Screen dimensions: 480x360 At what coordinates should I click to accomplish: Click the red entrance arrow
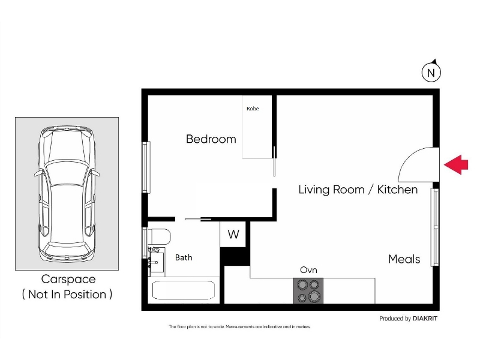(x=456, y=164)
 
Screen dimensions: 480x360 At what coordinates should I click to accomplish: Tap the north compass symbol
(x=431, y=71)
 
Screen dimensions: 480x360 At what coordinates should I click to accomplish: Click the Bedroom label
(x=211, y=139)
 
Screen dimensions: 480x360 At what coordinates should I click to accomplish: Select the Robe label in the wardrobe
(x=253, y=109)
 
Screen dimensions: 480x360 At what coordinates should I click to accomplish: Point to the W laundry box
(x=233, y=234)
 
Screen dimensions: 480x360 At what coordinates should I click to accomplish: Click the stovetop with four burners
(x=308, y=291)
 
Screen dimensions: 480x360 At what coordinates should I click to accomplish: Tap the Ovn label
(x=308, y=269)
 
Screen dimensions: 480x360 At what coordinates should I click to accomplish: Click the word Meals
(x=404, y=259)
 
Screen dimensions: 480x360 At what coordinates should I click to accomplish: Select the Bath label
(x=184, y=257)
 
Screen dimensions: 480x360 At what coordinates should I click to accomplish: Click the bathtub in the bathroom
(x=184, y=290)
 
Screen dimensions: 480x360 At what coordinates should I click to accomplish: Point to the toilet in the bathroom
(x=159, y=236)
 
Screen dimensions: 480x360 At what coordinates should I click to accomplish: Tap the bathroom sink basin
(x=157, y=262)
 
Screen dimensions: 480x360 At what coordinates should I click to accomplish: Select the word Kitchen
(x=397, y=190)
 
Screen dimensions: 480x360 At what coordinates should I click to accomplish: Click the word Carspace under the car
(x=68, y=279)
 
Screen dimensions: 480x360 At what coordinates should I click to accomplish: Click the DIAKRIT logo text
(x=425, y=319)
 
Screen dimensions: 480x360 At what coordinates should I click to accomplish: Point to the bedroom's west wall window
(x=146, y=167)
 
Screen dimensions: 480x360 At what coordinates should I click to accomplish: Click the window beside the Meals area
(x=435, y=227)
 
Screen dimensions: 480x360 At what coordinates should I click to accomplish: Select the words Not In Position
(x=67, y=294)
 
